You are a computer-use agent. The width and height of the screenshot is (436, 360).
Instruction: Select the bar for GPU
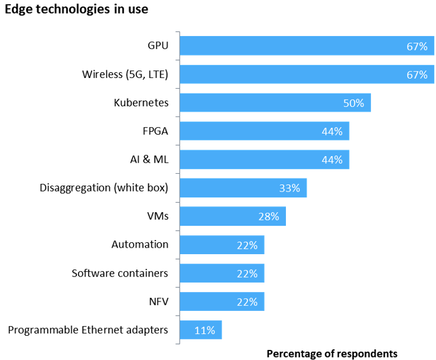point(295,46)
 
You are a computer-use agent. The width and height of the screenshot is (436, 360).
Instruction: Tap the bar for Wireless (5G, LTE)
point(295,74)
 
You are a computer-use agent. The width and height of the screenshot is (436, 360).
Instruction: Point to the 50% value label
point(354,103)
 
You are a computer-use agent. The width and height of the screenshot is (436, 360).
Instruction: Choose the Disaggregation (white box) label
point(104,188)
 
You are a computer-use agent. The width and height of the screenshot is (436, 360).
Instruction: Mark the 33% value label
point(289,189)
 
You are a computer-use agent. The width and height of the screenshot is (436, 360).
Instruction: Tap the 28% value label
point(268,217)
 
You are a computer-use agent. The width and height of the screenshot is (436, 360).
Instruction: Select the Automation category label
point(140,245)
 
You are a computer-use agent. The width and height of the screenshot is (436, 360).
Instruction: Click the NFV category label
point(158,301)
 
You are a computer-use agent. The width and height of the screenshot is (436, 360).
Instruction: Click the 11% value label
point(204,330)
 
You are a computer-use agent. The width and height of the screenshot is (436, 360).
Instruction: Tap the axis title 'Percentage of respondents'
point(332,353)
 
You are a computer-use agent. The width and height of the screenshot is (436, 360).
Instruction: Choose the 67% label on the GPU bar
point(417,46)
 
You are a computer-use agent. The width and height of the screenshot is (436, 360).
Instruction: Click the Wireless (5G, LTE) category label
point(125,74)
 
